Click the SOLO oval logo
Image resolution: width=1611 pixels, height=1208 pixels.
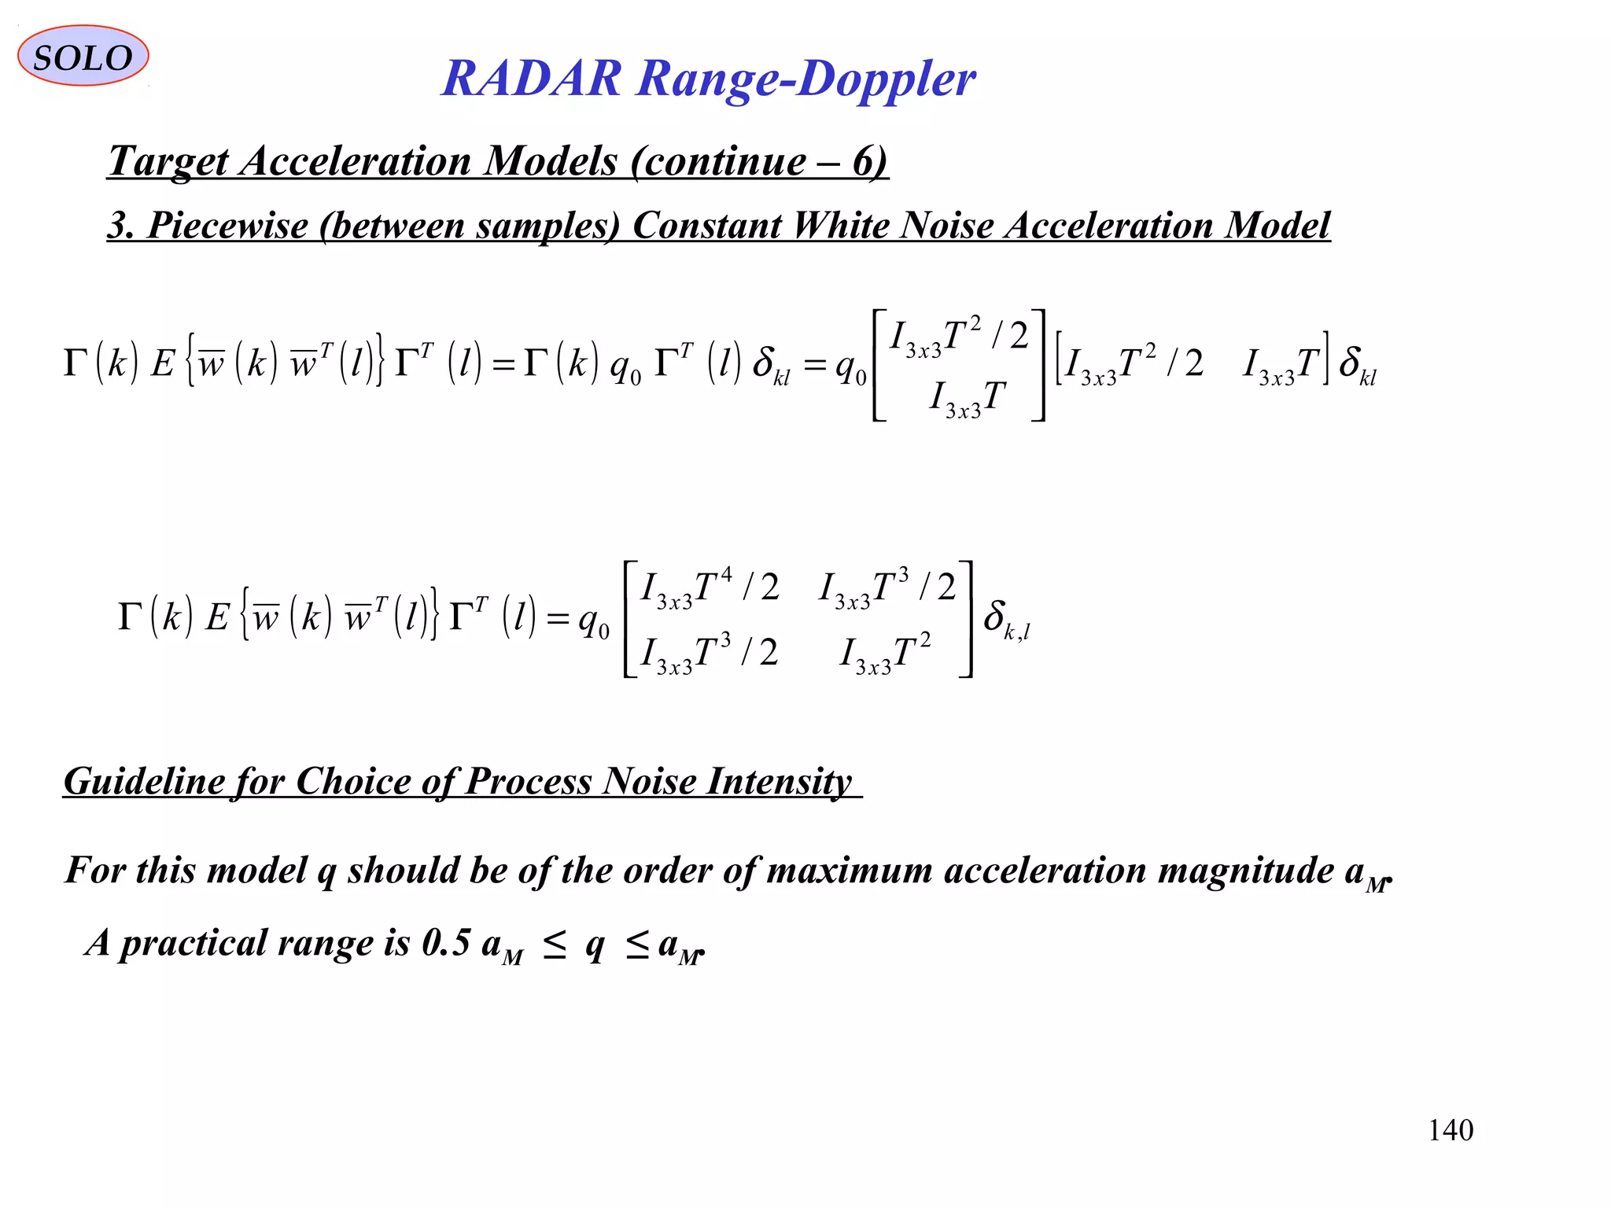coord(83,56)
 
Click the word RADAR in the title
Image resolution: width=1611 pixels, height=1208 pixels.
coord(531,79)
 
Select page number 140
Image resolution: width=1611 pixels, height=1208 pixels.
coord(1450,1130)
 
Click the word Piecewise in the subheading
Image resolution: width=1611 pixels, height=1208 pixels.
coord(227,226)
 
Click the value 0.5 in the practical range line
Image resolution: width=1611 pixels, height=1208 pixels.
coord(445,942)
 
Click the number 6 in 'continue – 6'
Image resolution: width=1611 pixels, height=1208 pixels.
coord(863,161)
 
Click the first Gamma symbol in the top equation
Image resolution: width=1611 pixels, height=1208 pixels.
coord(76,364)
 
